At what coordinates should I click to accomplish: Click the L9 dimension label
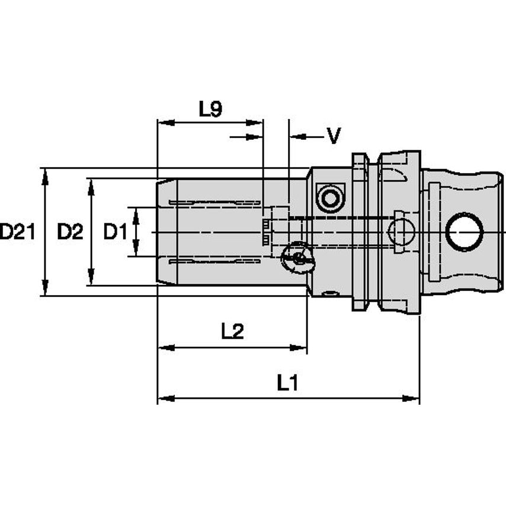click(210, 109)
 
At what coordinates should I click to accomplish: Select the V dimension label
click(334, 137)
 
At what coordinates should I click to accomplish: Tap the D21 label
click(17, 232)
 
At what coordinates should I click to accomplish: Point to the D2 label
click(70, 232)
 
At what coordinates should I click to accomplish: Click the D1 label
click(115, 232)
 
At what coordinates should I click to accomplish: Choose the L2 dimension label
click(232, 332)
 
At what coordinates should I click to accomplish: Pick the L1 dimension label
click(287, 383)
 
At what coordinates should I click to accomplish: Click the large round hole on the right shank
click(465, 232)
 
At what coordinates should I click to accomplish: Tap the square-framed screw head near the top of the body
click(331, 197)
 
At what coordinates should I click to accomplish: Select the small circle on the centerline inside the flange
click(401, 232)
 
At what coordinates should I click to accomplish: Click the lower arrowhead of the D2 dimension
click(91, 279)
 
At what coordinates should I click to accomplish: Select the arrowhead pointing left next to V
click(295, 137)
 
